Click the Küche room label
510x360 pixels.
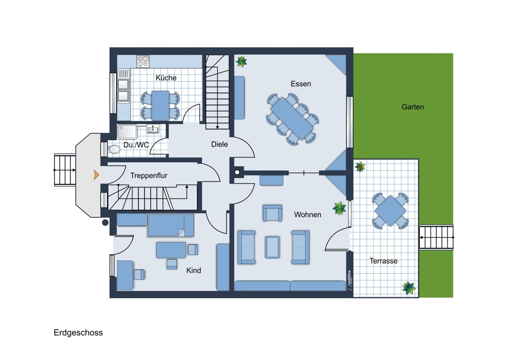[166, 78]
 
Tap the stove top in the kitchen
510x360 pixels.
[143, 61]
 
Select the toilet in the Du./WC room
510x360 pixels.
[114, 149]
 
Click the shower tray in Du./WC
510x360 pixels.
[127, 132]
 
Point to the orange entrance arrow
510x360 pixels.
[96, 175]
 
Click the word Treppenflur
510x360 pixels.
[148, 175]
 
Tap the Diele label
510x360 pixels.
[219, 144]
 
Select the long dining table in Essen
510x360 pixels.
[292, 118]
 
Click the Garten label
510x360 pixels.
[413, 107]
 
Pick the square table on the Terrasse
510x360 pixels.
[390, 211]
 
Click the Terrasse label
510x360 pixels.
[384, 261]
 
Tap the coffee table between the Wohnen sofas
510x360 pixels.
[272, 247]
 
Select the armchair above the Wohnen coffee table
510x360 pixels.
[272, 213]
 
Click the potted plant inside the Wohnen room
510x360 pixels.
[339, 208]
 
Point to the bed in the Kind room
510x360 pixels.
[171, 225]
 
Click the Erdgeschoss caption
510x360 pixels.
[78, 332]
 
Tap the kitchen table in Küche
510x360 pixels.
[160, 106]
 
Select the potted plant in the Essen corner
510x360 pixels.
[241, 61]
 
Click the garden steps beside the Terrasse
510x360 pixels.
[436, 238]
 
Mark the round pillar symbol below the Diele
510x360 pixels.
[237, 172]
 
